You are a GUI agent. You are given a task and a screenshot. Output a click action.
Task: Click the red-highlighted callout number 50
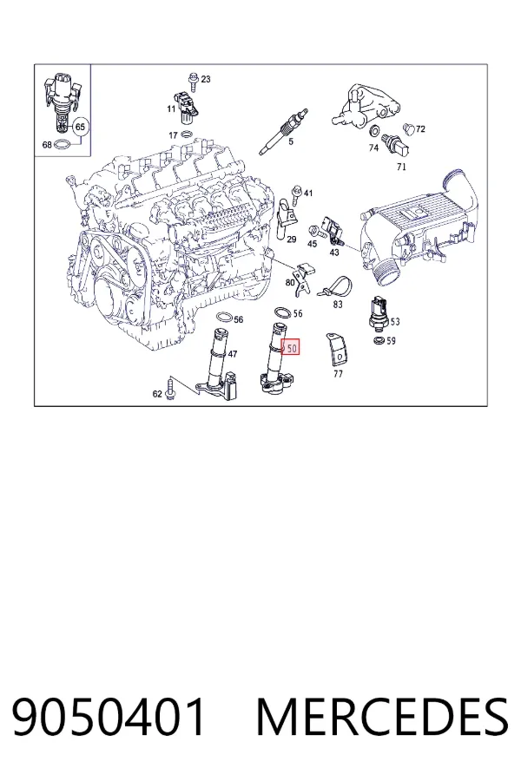coord(290,347)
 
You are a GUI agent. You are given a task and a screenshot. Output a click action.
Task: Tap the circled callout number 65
coord(80,127)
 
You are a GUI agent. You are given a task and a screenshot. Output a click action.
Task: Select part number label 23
coord(206,79)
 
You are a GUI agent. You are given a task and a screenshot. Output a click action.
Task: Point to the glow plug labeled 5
coord(283,133)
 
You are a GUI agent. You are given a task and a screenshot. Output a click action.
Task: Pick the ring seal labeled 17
coord(188,135)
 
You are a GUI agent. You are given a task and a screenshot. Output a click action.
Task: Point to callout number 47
coord(233,354)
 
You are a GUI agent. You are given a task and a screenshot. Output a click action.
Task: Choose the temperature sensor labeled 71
coord(395,145)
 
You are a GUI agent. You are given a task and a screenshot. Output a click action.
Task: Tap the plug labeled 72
coord(409,128)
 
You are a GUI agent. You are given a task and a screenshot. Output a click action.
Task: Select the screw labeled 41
coord(297,194)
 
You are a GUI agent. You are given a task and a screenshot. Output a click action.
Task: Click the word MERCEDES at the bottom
coord(382,718)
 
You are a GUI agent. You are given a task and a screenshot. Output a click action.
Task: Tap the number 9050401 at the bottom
coord(109,718)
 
